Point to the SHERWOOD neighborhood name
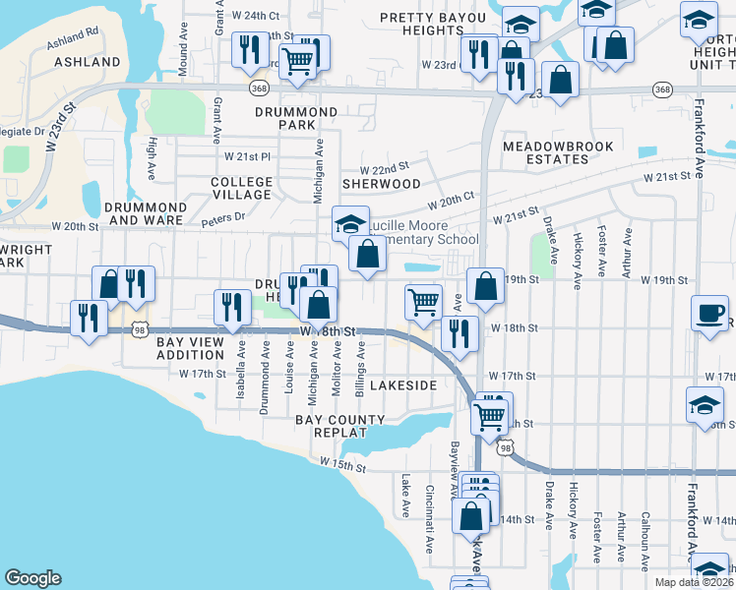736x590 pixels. (381, 184)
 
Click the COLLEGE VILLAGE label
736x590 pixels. (241, 188)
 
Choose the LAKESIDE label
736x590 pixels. (403, 385)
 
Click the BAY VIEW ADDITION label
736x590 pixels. (190, 348)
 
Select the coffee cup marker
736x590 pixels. (709, 313)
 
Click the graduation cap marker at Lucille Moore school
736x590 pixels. (350, 224)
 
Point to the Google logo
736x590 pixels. (32, 578)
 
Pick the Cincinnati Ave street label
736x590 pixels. (430, 518)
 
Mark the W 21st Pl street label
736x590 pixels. (246, 157)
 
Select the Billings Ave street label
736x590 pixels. (361, 366)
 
